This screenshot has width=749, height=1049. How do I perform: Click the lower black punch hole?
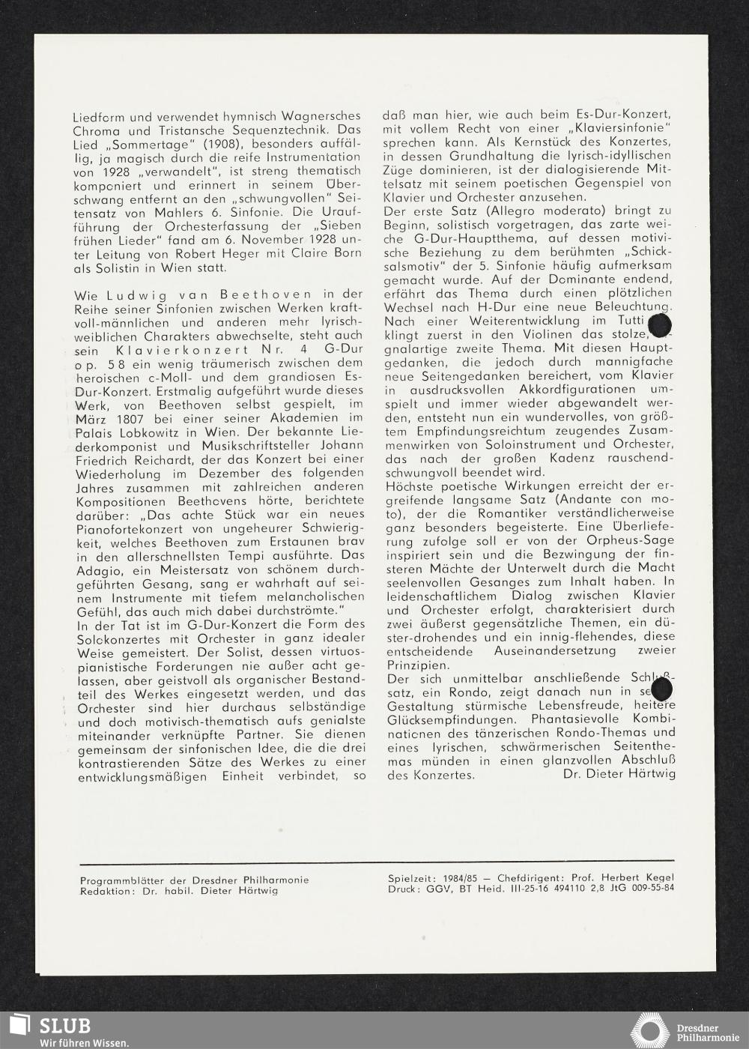661,690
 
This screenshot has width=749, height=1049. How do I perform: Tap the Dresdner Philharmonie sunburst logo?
649,1030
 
